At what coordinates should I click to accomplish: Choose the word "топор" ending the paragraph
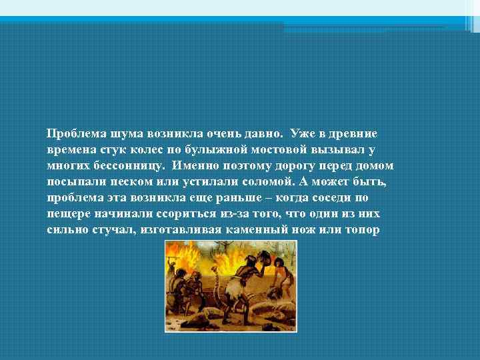tap(363, 230)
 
